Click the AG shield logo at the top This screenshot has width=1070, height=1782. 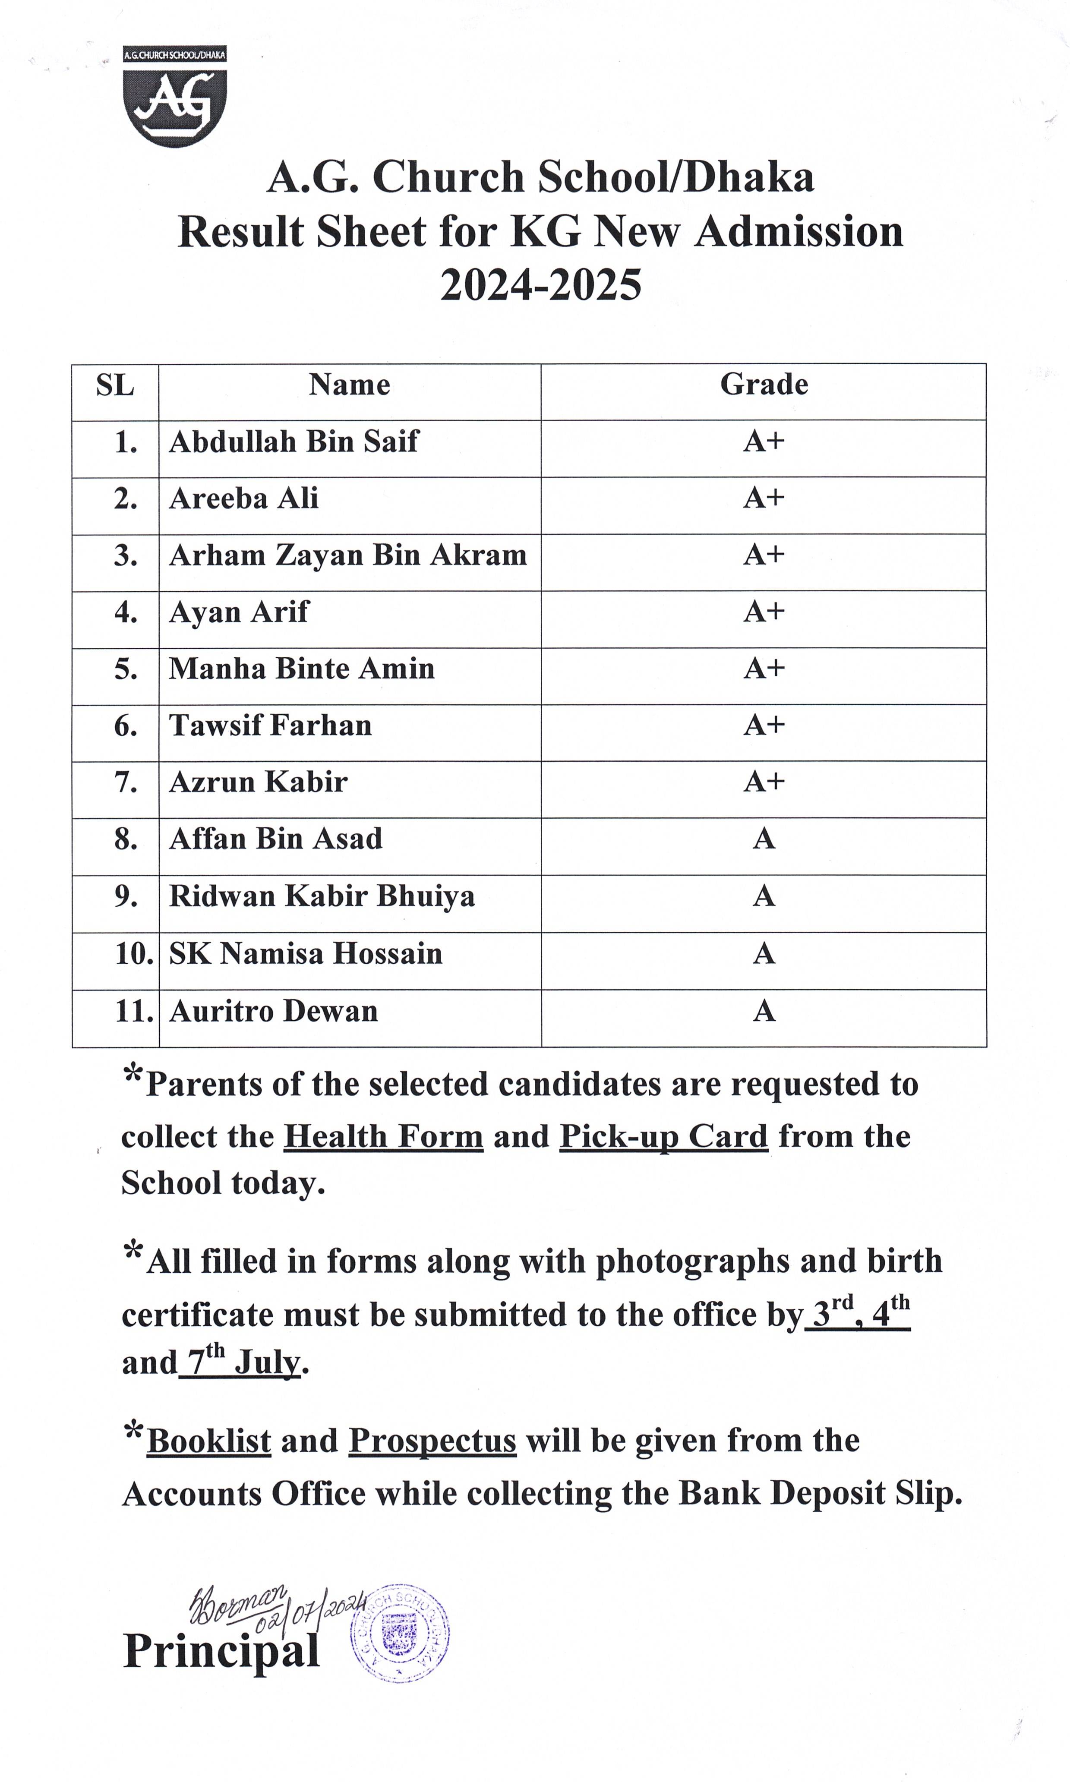(174, 97)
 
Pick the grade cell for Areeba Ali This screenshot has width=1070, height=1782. (764, 498)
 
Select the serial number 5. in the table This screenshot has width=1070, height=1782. (126, 669)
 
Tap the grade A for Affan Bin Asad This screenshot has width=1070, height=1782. (764, 839)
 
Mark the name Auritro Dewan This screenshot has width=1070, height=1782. (273, 1011)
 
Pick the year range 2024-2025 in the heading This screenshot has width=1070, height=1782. (541, 285)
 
